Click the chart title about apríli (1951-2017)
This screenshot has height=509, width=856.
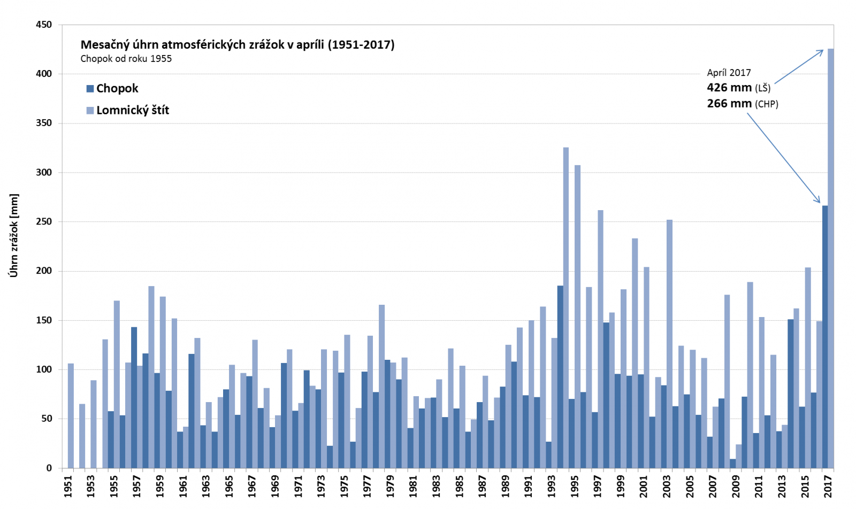pyautogui.click(x=237, y=45)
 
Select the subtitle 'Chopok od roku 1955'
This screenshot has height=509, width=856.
pyautogui.click(x=126, y=59)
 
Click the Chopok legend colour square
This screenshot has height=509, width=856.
pyautogui.click(x=90, y=89)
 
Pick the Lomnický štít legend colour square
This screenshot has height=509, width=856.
pyautogui.click(x=90, y=111)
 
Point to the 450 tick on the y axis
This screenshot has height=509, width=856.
pyautogui.click(x=44, y=25)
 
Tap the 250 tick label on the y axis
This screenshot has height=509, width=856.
pyautogui.click(x=44, y=221)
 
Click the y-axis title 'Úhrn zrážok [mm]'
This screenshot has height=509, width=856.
pyautogui.click(x=14, y=235)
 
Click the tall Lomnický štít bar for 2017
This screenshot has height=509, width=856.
pyautogui.click(x=831, y=257)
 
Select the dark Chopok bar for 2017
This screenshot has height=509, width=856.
pyautogui.click(x=825, y=337)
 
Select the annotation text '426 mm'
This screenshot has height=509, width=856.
pyautogui.click(x=729, y=88)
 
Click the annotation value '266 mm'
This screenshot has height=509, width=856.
pyautogui.click(x=729, y=104)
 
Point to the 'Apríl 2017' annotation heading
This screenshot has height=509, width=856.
pyautogui.click(x=729, y=73)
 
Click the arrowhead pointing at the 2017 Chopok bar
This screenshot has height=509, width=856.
pyautogui.click(x=818, y=201)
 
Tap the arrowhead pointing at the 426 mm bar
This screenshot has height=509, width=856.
pyautogui.click(x=821, y=51)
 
